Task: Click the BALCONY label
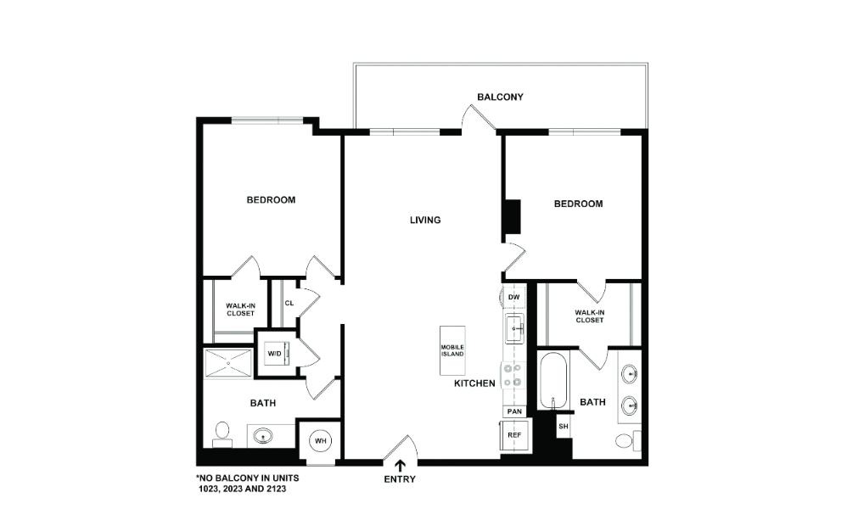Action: pyautogui.click(x=500, y=98)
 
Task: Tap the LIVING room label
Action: pyautogui.click(x=425, y=221)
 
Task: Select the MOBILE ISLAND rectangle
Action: pyautogui.click(x=452, y=350)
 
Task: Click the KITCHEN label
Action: pyautogui.click(x=474, y=384)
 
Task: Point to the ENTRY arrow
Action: pyautogui.click(x=400, y=465)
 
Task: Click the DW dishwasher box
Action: pyautogui.click(x=513, y=298)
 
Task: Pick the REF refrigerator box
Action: pyautogui.click(x=513, y=435)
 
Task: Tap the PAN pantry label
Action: pyautogui.click(x=513, y=411)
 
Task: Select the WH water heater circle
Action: pyautogui.click(x=321, y=441)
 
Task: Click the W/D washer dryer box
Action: pyautogui.click(x=275, y=353)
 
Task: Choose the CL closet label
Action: pyautogui.click(x=289, y=303)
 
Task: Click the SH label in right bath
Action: pyautogui.click(x=563, y=426)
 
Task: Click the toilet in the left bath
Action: pyautogui.click(x=222, y=434)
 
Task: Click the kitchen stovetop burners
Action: pyautogui.click(x=513, y=375)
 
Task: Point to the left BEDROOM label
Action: pyautogui.click(x=271, y=200)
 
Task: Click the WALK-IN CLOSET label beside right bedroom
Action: pyautogui.click(x=590, y=316)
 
